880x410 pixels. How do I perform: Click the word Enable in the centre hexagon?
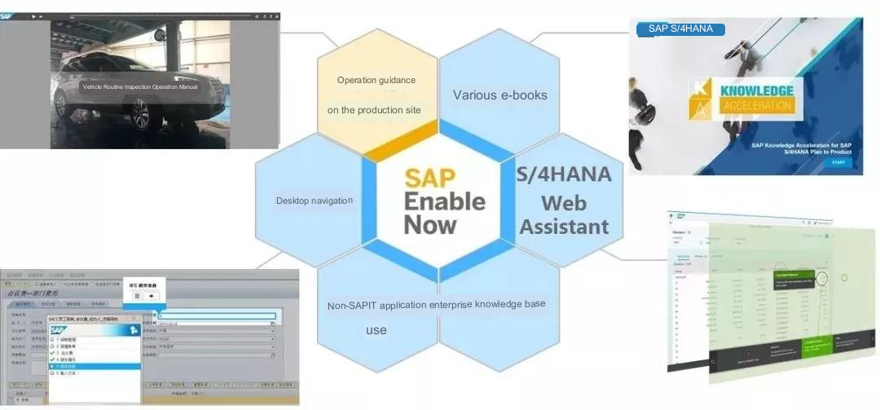[444, 201]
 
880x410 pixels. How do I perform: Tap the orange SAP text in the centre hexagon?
[431, 177]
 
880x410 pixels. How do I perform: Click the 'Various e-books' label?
[499, 95]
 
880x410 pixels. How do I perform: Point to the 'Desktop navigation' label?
[315, 201]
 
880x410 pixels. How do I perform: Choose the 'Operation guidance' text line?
[376, 80]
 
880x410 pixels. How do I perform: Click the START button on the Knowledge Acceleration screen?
[838, 162]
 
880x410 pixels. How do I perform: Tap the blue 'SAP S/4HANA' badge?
[680, 29]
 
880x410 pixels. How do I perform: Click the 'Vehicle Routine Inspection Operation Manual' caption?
[140, 86]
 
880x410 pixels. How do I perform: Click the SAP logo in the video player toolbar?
[7, 15]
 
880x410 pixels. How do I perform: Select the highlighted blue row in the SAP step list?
[94, 366]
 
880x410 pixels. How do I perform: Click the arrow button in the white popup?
[152, 296]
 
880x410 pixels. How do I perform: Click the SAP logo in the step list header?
[58, 329]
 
